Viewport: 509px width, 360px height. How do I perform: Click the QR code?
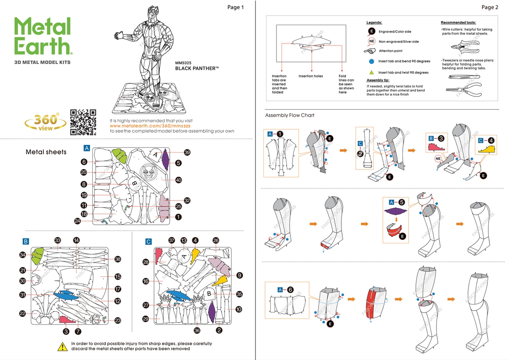(x=83, y=123)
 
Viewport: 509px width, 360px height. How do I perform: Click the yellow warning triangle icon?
(x=62, y=346)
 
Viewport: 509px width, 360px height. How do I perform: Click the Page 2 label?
(x=490, y=7)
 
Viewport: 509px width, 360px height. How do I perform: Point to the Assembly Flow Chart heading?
(x=289, y=115)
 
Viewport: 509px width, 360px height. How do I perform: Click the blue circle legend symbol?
(x=371, y=61)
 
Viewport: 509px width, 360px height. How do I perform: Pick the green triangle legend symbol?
(x=371, y=72)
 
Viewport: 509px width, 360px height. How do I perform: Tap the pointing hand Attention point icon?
(x=370, y=51)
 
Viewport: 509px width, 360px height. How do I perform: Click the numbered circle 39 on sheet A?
(x=187, y=152)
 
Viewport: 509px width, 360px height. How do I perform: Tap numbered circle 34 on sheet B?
(x=23, y=255)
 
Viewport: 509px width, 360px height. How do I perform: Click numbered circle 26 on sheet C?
(x=216, y=240)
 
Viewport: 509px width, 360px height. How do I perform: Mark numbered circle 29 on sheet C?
(x=146, y=319)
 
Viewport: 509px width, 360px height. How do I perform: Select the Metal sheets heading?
(x=47, y=152)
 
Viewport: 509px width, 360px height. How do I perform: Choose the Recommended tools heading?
(x=458, y=23)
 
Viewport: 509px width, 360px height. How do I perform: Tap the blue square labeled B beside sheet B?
(x=25, y=241)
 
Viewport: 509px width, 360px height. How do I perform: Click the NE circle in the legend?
(x=371, y=41)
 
